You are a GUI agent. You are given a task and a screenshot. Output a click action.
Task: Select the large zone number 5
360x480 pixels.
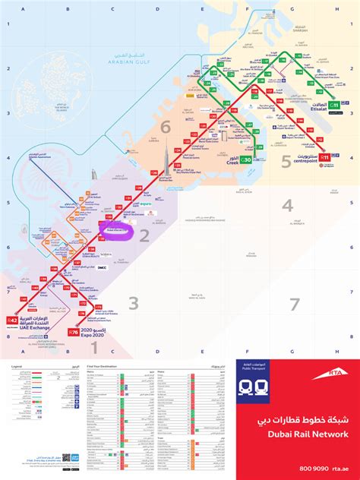pos(286,160)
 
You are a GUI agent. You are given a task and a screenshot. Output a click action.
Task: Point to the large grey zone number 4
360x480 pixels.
pos(286,206)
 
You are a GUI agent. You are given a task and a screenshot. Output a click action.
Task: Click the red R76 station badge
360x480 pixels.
pos(74,332)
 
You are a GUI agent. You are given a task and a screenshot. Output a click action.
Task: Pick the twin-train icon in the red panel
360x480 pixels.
pos(253,387)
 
